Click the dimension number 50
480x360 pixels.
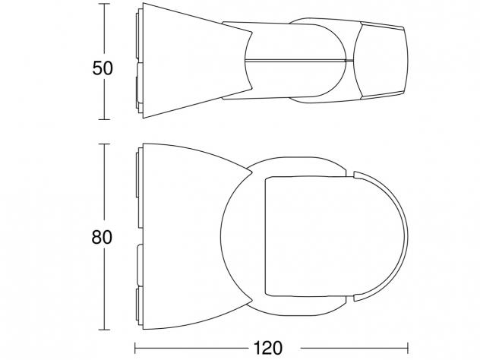click(103, 68)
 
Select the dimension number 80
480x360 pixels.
click(102, 237)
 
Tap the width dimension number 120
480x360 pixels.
click(268, 348)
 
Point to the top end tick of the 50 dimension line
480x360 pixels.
click(104, 4)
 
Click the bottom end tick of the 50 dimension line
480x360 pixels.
click(104, 119)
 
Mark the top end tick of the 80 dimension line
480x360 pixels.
click(104, 144)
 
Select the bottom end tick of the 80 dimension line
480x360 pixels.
click(104, 330)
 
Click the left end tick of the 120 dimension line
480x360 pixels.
click(135, 348)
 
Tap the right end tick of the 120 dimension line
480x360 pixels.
click(408, 348)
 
